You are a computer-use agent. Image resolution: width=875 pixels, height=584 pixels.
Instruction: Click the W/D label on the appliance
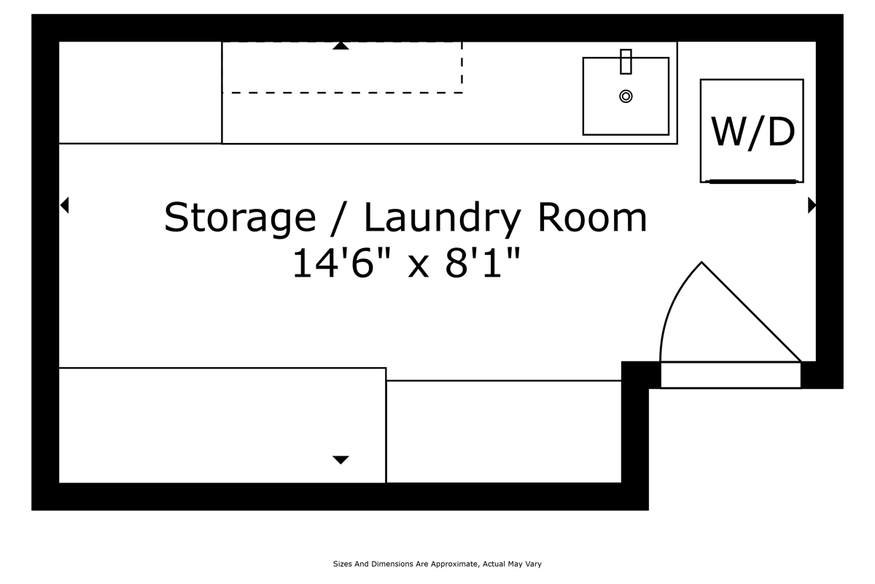[752, 132]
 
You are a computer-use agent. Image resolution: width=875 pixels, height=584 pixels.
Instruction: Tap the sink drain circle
[626, 96]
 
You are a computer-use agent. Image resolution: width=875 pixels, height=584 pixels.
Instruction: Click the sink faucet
[626, 62]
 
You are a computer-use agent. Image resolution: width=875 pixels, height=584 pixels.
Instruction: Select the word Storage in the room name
[240, 218]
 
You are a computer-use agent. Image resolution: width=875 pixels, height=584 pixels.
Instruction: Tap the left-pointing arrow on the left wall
[64, 205]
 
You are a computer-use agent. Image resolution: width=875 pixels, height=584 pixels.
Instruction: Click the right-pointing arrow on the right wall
[812, 205]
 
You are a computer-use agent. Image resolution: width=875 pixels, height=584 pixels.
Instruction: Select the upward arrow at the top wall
[341, 46]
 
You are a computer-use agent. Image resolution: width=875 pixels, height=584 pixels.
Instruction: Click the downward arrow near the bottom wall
[341, 459]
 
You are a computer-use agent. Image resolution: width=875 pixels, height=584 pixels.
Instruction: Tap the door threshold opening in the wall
[730, 375]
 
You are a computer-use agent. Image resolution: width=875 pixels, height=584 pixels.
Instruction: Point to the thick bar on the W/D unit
[751, 181]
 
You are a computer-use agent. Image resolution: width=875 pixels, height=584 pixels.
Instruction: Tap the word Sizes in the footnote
[343, 564]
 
